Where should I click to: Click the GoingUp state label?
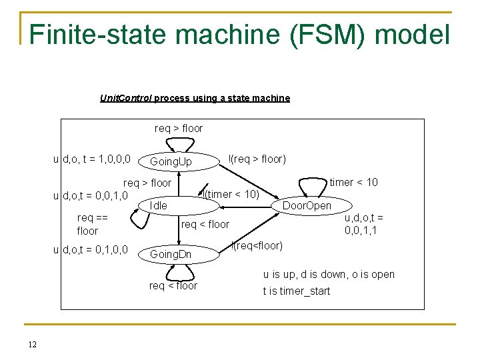click(171, 162)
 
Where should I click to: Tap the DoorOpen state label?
click(307, 205)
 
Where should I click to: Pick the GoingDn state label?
click(171, 254)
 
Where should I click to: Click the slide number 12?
click(32, 344)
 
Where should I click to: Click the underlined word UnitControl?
click(125, 98)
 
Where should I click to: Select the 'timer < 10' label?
click(353, 182)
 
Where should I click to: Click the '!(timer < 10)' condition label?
click(231, 194)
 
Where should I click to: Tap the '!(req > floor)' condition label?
click(257, 159)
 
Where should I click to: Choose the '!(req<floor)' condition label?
click(257, 246)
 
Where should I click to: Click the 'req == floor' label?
click(87, 224)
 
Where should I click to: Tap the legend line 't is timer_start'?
click(296, 291)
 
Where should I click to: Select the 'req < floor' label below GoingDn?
click(173, 286)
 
